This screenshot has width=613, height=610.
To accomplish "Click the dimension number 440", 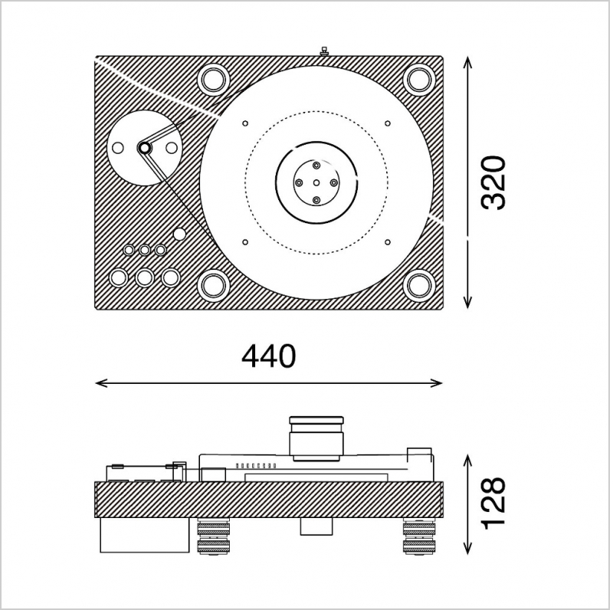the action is (269, 356).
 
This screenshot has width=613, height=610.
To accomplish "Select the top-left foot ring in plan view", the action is (214, 80).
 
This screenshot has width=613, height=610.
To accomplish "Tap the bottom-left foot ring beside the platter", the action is (214, 285).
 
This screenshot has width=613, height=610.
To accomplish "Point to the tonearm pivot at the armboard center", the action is (144, 148).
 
